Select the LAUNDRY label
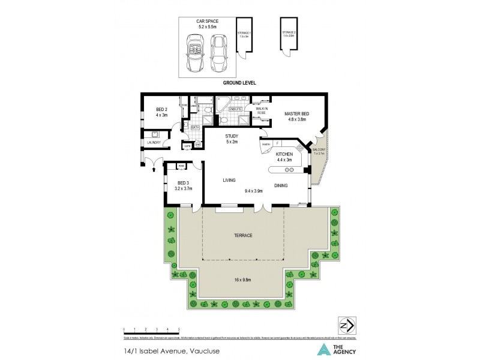click(153, 142)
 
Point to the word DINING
click(281, 185)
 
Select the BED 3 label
click(184, 183)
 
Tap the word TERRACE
click(243, 236)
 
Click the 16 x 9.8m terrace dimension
click(243, 280)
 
